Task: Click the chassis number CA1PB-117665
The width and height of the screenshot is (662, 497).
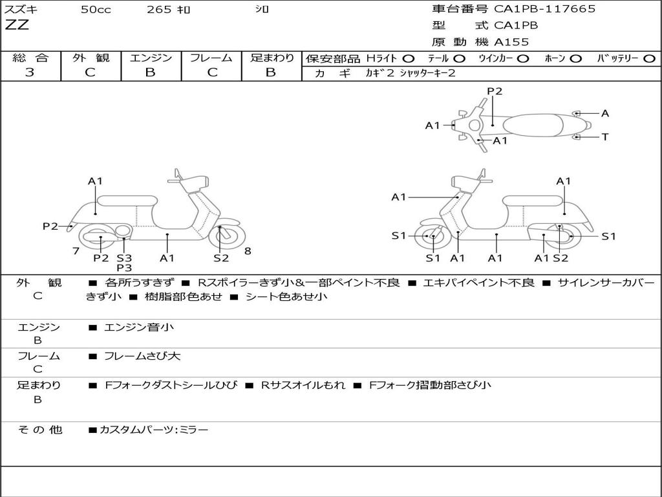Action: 544,9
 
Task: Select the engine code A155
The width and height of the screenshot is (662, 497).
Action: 511,42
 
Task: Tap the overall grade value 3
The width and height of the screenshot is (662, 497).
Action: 30,72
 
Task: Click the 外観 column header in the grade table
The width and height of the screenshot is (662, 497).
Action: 91,58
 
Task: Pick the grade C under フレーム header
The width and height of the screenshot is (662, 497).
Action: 212,72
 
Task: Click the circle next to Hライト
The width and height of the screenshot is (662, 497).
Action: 409,59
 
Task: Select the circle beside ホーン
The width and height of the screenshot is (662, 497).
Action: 576,59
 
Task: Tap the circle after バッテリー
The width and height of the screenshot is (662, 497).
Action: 649,59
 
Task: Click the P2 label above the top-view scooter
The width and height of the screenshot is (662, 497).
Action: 495,91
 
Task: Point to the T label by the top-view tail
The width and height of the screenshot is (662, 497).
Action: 605,137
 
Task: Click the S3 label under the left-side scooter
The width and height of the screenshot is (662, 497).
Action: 124,258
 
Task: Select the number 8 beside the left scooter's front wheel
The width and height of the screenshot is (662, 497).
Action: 248,251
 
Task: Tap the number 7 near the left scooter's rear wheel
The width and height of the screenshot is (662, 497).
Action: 76,251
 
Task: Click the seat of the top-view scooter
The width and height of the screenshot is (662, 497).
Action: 533,125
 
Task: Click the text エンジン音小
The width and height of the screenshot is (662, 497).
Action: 139,327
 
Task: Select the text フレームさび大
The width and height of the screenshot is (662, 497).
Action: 142,357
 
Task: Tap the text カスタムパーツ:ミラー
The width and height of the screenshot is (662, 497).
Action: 154,430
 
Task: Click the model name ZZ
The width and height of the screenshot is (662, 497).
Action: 17,25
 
